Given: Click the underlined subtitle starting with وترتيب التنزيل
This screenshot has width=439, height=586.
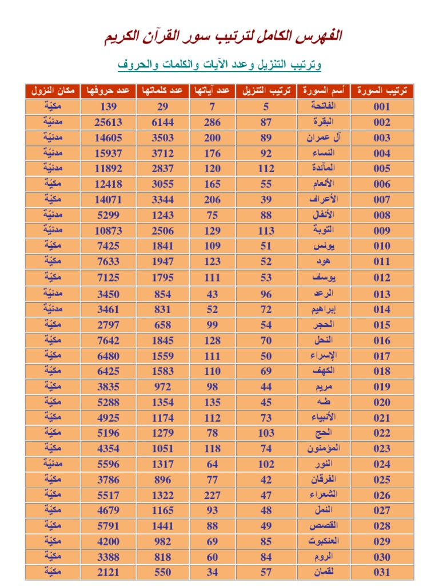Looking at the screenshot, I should [219, 65].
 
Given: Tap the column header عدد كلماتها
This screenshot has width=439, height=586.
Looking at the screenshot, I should [162, 91].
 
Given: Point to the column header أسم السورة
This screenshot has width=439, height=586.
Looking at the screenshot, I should [324, 91].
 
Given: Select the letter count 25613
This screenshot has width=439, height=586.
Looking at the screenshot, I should [109, 122].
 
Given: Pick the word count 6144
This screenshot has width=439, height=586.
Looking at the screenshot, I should [162, 122].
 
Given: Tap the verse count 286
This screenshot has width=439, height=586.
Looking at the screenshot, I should [213, 122].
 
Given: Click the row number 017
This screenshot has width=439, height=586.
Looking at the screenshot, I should [382, 355].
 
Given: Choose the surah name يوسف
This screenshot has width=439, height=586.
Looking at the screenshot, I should [324, 278].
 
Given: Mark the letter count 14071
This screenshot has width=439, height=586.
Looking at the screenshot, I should [109, 200].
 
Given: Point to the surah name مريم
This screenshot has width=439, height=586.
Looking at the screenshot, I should [324, 387].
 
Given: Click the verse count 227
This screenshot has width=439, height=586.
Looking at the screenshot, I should [213, 495].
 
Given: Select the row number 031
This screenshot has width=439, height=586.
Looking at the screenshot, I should [382, 572].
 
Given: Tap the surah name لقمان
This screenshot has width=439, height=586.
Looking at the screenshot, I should [324, 572].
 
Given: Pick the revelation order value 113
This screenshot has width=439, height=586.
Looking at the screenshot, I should [266, 231].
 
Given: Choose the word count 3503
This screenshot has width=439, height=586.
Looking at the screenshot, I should [162, 137].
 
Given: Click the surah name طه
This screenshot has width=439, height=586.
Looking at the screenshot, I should [324, 402].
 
